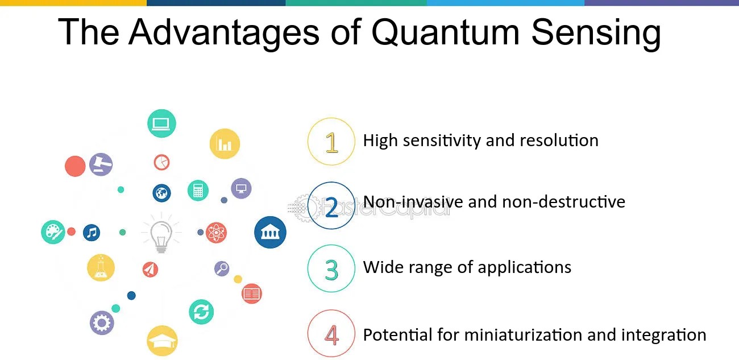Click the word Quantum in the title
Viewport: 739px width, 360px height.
(445, 32)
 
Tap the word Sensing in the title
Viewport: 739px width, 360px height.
(596, 34)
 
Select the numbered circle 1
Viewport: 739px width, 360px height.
(331, 142)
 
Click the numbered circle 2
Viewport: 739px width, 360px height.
(331, 205)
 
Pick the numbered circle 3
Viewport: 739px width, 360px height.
(331, 268)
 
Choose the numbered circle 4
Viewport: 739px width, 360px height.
(331, 333)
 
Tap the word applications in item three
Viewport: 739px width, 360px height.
(525, 267)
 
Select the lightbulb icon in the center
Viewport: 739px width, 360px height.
(161, 233)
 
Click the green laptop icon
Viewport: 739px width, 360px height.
(161, 123)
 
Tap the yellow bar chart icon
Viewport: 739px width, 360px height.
(225, 143)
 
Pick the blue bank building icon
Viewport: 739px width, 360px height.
(270, 232)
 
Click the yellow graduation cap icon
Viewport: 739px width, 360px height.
(162, 341)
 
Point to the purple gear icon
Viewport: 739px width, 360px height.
(102, 322)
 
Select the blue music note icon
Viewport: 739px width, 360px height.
(92, 233)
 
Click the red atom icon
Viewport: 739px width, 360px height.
(216, 233)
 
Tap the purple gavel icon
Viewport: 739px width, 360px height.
(101, 164)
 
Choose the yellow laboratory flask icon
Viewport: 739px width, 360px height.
(101, 268)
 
